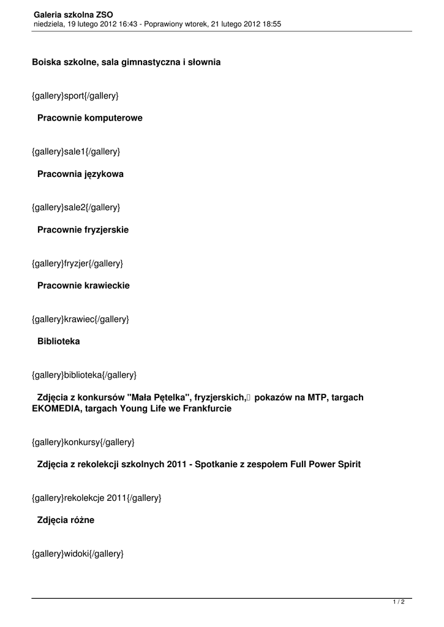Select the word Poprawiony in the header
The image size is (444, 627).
(x=162, y=24)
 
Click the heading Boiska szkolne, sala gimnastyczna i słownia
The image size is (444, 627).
(x=126, y=62)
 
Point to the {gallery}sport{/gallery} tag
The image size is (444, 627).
(x=75, y=96)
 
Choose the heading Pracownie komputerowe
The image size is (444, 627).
(x=89, y=118)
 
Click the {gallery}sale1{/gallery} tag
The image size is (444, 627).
(x=76, y=151)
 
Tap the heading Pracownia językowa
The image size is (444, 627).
(x=80, y=174)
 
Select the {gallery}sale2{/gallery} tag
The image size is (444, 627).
(x=76, y=208)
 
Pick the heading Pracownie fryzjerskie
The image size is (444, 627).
(x=83, y=230)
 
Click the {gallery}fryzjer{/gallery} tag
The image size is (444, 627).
(x=78, y=263)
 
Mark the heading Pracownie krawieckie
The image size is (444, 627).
(x=83, y=285)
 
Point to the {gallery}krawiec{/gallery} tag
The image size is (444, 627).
(x=80, y=319)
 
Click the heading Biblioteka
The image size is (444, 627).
(x=58, y=341)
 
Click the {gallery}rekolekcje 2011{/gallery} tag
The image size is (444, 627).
(x=97, y=498)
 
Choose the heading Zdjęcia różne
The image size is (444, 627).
(x=66, y=520)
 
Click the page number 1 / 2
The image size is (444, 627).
(x=399, y=603)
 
